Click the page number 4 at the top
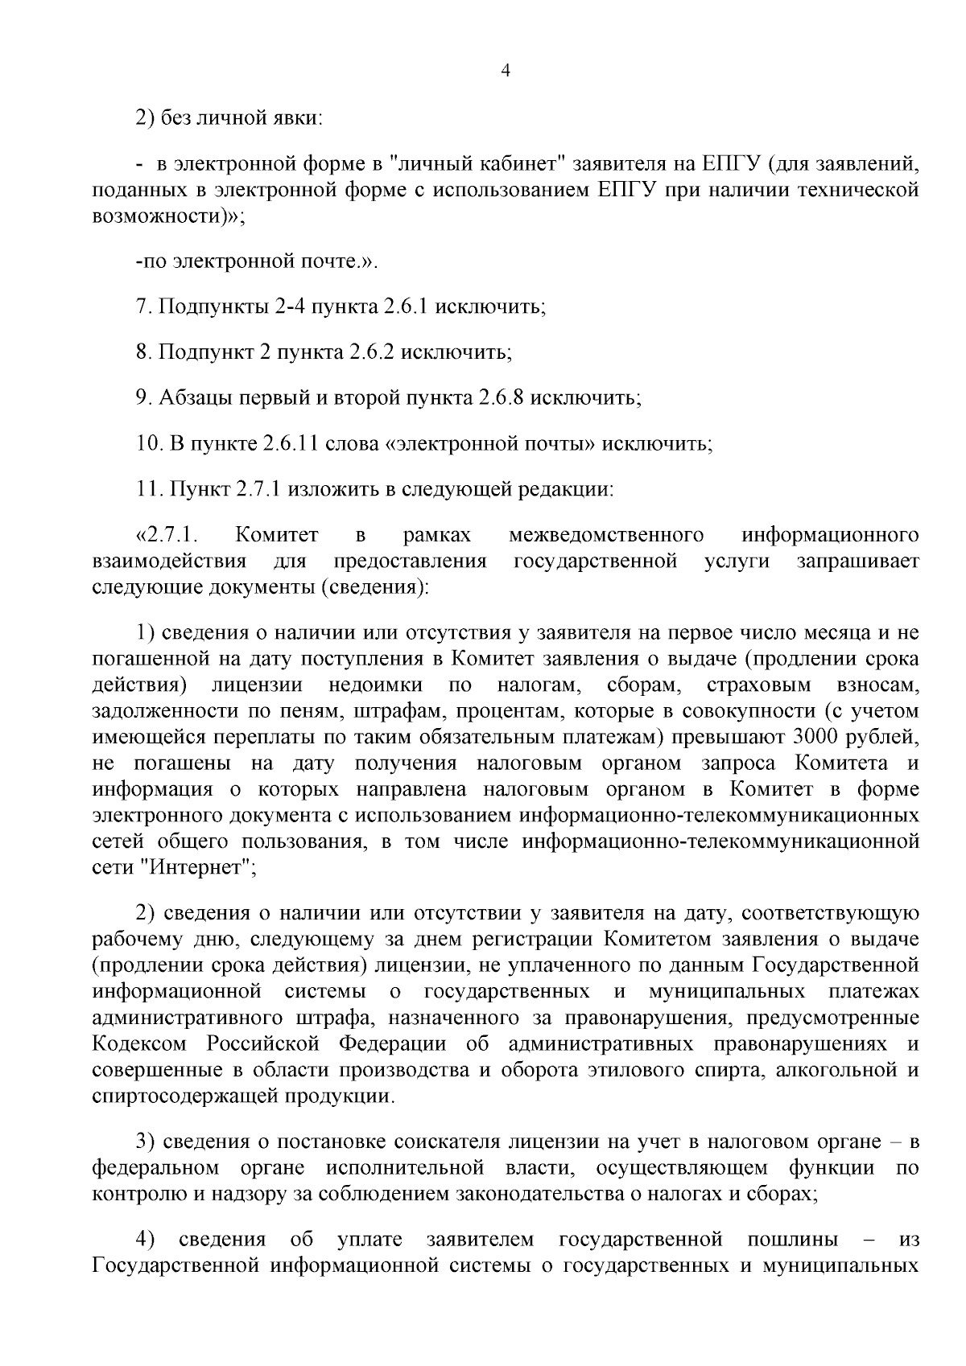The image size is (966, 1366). pos(506,71)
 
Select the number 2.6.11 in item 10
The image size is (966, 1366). pos(290,444)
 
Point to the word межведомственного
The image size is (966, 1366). pos(607,536)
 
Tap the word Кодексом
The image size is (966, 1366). pos(142,1044)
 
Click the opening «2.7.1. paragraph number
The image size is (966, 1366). pos(174,536)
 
